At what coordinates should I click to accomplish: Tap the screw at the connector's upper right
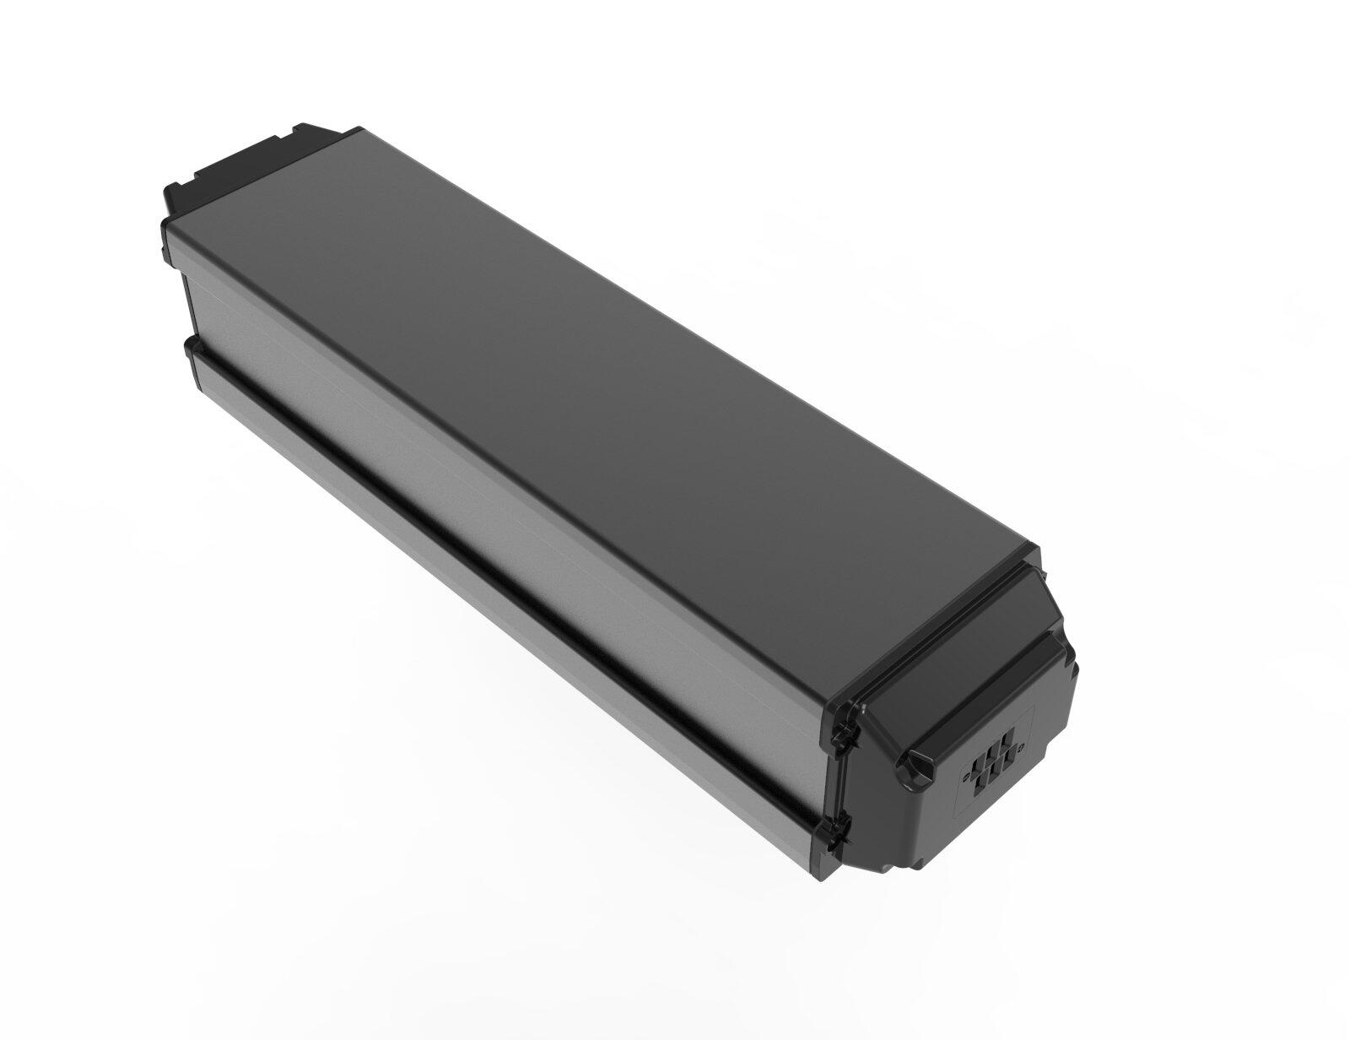pos(1023,747)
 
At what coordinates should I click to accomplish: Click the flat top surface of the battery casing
pos(591,355)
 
